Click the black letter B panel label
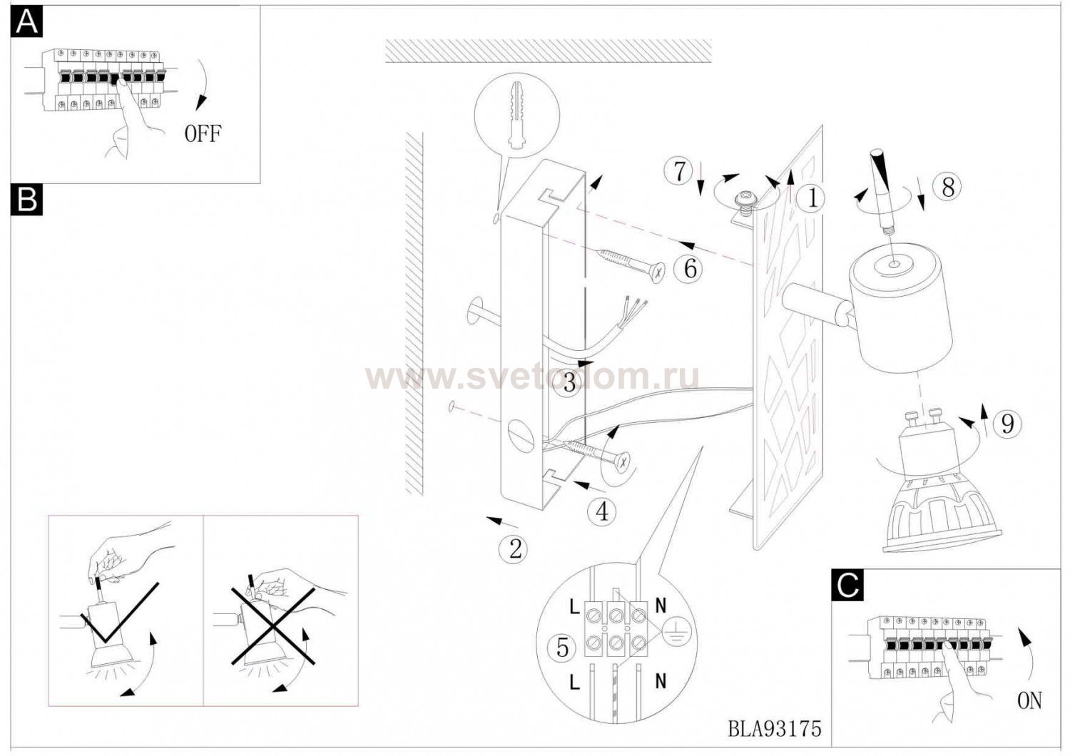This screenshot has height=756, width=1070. [27, 200]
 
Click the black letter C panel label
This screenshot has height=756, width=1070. [848, 585]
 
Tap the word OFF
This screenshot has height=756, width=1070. [203, 133]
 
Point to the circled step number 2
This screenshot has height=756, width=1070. [513, 549]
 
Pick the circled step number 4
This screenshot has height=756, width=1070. [602, 512]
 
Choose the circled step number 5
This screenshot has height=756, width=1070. [564, 648]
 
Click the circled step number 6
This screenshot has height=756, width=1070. [688, 268]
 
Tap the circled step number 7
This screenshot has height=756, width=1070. [679, 172]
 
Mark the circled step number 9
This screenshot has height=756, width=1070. [1008, 423]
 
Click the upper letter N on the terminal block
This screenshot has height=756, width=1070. [661, 606]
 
